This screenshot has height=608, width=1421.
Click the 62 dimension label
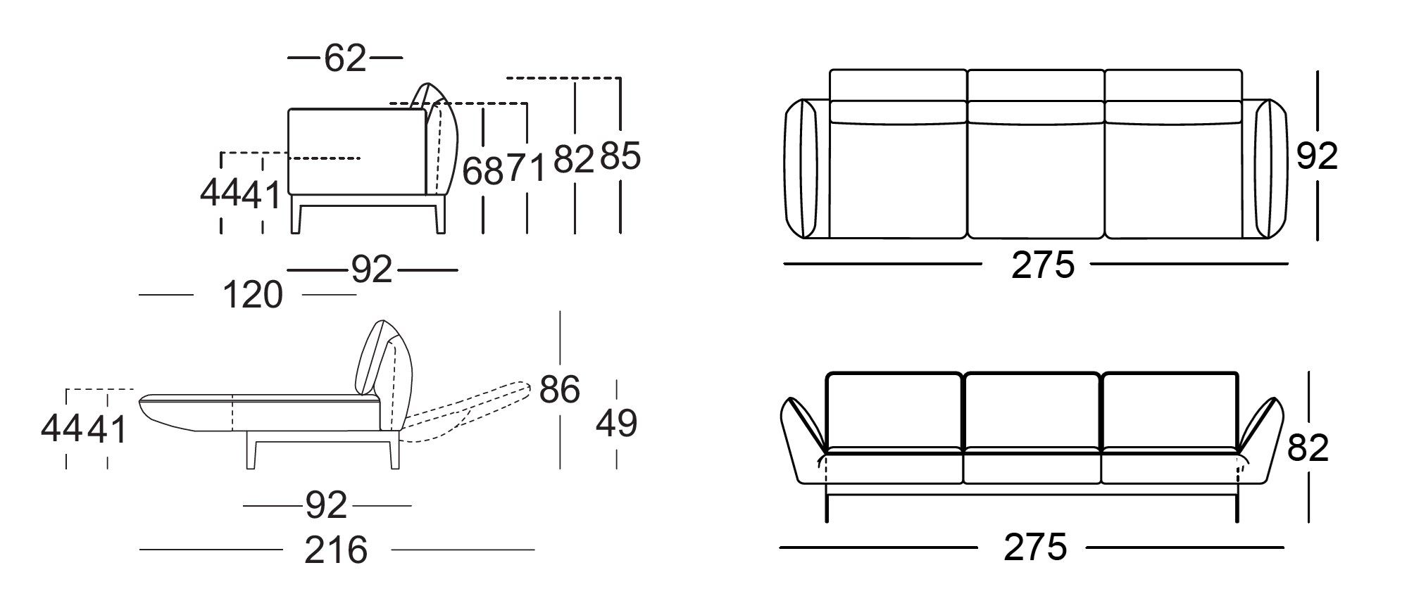tap(345, 58)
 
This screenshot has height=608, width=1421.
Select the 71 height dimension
tap(527, 169)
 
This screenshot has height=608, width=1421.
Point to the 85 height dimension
tap(620, 156)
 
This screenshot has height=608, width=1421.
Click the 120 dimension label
tap(253, 294)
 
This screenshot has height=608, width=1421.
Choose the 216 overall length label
tap(336, 550)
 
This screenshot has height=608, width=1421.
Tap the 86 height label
tap(560, 389)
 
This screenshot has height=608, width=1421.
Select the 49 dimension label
tap(617, 424)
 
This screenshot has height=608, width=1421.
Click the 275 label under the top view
tap(1043, 265)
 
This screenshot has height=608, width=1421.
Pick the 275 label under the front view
tap(1035, 547)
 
